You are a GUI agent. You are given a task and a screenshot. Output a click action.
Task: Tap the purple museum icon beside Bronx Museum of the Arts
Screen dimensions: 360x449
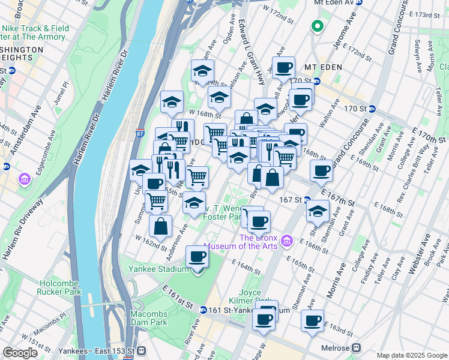click(x=287, y=241)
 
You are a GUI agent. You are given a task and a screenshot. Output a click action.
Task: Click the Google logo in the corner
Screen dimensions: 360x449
click(x=20, y=353)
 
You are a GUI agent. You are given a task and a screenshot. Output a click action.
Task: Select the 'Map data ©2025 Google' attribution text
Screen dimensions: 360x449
click(x=412, y=355)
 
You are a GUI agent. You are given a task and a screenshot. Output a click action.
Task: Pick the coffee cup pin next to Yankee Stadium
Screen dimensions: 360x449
click(x=197, y=258)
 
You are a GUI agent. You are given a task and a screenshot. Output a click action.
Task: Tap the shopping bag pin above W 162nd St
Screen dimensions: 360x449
click(x=160, y=227)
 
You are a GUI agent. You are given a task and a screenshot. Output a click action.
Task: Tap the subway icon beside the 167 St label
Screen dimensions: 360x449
click(x=307, y=200)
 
